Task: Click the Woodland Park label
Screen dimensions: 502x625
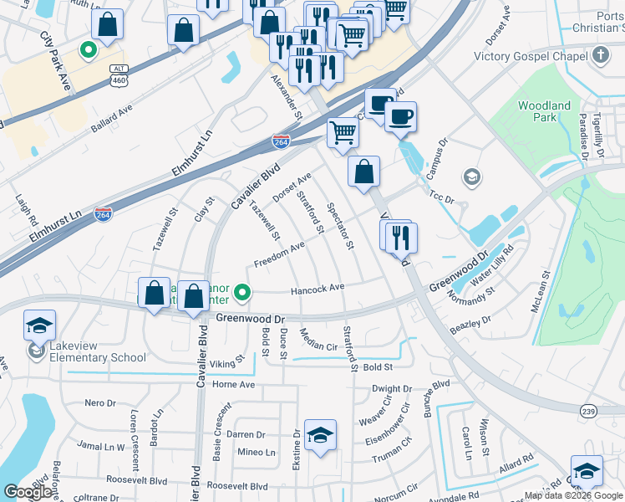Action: point(544,111)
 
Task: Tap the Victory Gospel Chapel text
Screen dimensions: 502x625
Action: point(532,56)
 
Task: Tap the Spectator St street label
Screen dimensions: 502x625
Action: point(341,226)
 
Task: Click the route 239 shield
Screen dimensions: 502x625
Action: point(588,411)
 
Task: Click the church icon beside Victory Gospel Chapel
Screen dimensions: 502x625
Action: point(600,56)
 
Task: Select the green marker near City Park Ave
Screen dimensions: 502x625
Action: point(87,50)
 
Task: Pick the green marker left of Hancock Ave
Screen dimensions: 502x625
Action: point(242,292)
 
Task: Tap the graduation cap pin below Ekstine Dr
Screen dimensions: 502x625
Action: point(320,436)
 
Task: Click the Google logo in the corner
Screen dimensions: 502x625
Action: point(28,492)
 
